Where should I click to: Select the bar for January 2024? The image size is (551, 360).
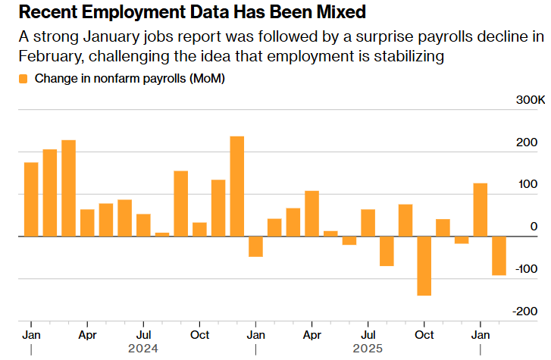(x=31, y=199)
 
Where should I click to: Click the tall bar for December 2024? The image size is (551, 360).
(x=236, y=186)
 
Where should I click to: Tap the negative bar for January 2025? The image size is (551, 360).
(x=255, y=246)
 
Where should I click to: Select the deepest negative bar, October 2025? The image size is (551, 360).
(x=424, y=266)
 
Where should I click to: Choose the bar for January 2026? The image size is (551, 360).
(x=480, y=210)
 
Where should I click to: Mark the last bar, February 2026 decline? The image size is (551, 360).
(x=499, y=255)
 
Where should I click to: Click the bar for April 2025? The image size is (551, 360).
(x=312, y=214)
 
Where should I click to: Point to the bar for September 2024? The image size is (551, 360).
(x=180, y=204)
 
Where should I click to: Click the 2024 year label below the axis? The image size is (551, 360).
(x=143, y=349)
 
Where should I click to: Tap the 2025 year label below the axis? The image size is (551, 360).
(x=368, y=349)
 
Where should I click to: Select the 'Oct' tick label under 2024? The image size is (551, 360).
(x=199, y=334)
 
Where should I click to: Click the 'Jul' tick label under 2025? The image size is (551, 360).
(x=368, y=334)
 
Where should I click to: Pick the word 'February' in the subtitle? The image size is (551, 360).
(x=51, y=57)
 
